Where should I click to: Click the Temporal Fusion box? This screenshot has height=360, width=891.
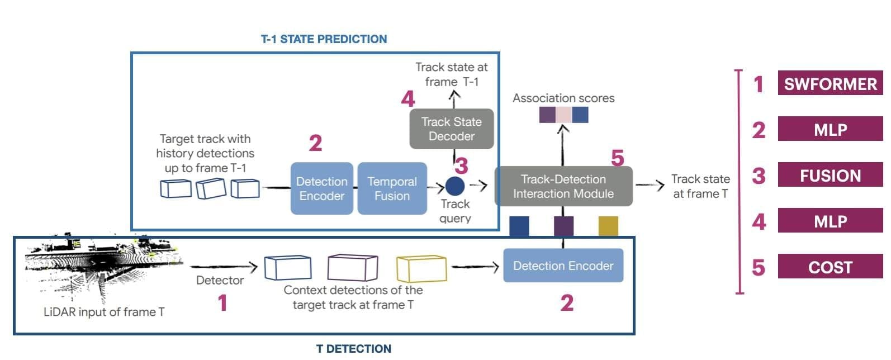click(392, 188)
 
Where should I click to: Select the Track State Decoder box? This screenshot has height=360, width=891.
click(452, 129)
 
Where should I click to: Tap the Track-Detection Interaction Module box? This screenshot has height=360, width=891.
click(563, 186)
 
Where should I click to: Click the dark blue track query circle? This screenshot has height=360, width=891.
click(455, 186)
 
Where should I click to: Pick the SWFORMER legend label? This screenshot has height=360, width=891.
click(830, 83)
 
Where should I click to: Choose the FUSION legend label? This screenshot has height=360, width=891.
click(830, 174)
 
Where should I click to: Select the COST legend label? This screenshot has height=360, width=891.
click(830, 266)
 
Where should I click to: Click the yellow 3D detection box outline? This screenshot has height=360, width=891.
click(421, 269)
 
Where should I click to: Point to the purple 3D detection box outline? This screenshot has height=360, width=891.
click(353, 268)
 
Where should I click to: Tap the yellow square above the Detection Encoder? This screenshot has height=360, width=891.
click(608, 226)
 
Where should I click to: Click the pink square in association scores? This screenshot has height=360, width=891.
click(563, 115)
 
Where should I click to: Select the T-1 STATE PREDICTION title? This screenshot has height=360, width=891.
click(324, 39)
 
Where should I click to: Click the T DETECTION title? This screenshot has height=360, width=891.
click(354, 348)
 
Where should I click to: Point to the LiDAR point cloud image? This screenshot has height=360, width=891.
click(104, 267)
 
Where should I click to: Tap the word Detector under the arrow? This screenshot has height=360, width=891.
click(220, 281)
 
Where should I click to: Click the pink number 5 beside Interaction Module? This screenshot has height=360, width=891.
click(617, 158)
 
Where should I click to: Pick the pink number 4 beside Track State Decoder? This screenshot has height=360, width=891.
click(408, 98)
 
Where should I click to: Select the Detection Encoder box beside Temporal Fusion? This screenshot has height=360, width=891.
click(322, 188)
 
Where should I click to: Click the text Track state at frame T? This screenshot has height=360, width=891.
click(700, 186)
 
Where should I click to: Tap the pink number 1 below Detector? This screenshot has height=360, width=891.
click(222, 303)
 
